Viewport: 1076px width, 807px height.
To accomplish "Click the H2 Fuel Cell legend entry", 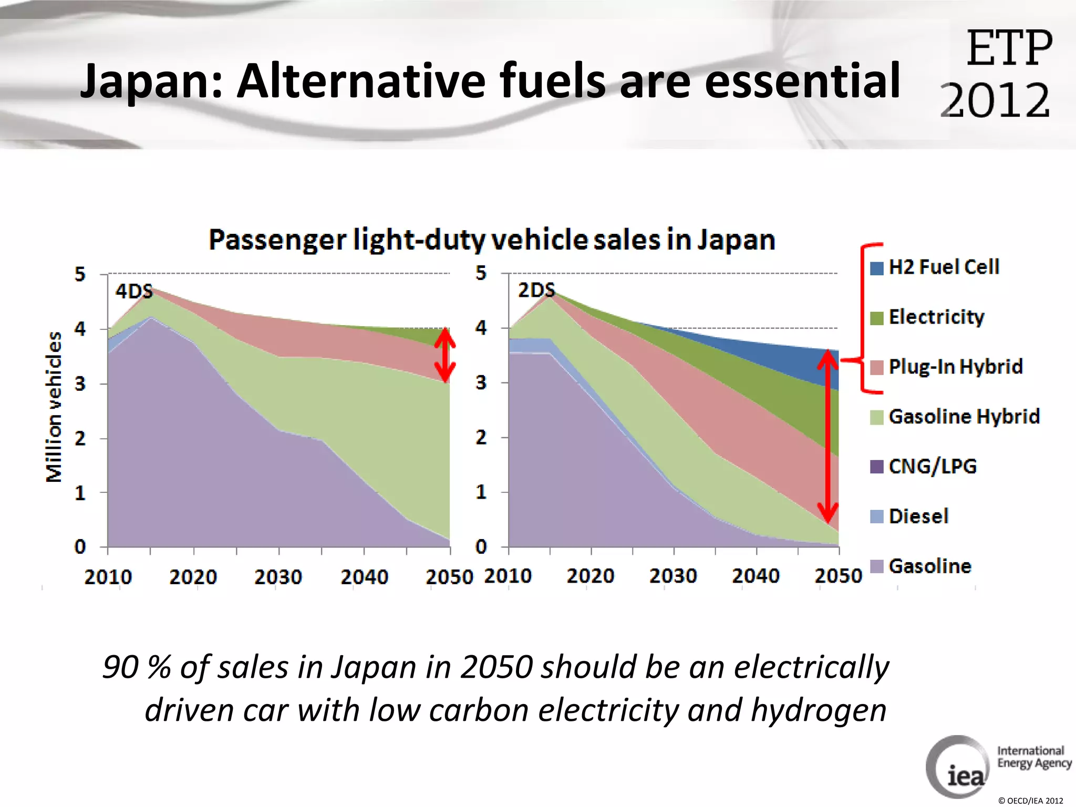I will (x=943, y=267).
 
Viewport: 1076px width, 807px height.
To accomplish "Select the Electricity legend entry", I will (x=936, y=317).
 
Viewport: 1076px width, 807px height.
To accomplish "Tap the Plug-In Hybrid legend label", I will (x=955, y=367).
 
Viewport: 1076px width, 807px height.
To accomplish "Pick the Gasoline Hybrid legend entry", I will (x=964, y=417).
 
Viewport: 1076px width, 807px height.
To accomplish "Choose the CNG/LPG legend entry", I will (x=932, y=467).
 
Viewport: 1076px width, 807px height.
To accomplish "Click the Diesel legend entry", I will (x=918, y=516).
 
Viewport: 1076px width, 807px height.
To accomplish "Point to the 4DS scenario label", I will (x=134, y=291).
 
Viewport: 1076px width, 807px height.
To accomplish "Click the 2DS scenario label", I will (x=536, y=290).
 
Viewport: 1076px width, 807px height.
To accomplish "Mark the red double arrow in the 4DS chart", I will (x=445, y=355).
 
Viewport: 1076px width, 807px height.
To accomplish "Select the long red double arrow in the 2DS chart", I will (x=828, y=436).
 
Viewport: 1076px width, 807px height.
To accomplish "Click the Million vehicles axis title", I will (x=54, y=407).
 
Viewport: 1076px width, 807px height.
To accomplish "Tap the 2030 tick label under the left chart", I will (x=278, y=577).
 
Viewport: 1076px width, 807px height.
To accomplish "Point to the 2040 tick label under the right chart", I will (x=756, y=576).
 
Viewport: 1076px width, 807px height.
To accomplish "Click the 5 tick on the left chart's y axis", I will (x=80, y=274).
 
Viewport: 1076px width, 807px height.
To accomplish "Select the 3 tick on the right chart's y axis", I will (x=481, y=383).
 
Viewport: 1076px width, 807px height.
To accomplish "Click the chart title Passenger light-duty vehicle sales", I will (x=492, y=240).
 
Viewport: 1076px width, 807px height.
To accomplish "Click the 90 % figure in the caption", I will (x=136, y=667).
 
